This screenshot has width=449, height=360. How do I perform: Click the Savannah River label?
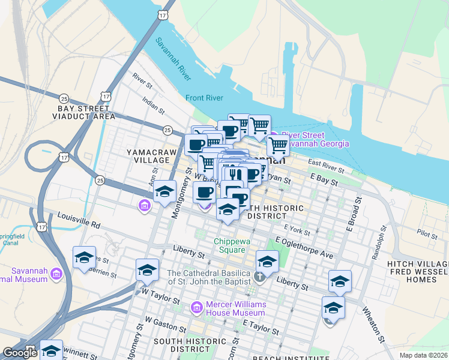point(173,60)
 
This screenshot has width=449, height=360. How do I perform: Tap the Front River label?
point(204,98)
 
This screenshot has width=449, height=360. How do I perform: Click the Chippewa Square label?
point(230,245)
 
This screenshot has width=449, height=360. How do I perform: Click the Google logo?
point(20,353)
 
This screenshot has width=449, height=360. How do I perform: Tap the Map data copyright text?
point(423,355)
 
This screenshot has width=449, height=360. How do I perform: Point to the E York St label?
point(297,229)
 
